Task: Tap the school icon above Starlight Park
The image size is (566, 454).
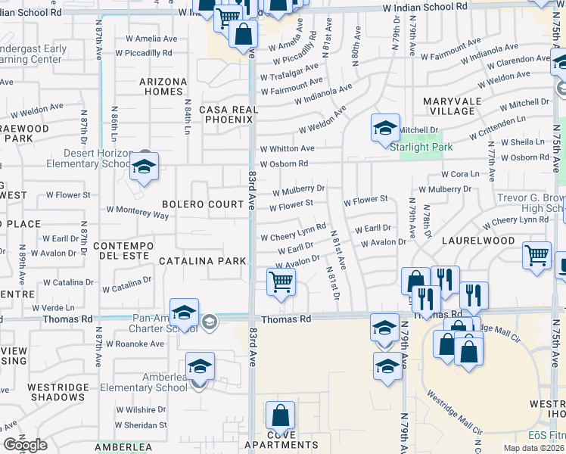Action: tap(385, 128)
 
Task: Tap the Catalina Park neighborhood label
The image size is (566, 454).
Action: tap(202, 261)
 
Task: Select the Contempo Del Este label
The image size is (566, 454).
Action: tap(123, 253)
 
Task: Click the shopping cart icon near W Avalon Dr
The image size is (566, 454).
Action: tap(281, 282)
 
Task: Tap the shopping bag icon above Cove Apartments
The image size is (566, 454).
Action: tap(280, 415)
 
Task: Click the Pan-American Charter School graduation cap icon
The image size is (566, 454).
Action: tap(184, 313)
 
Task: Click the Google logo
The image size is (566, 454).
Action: tap(25, 445)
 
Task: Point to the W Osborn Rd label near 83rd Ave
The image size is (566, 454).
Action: tap(284, 164)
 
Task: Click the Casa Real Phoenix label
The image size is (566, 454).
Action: tap(229, 115)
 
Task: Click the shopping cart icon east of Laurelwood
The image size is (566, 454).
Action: tap(536, 254)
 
